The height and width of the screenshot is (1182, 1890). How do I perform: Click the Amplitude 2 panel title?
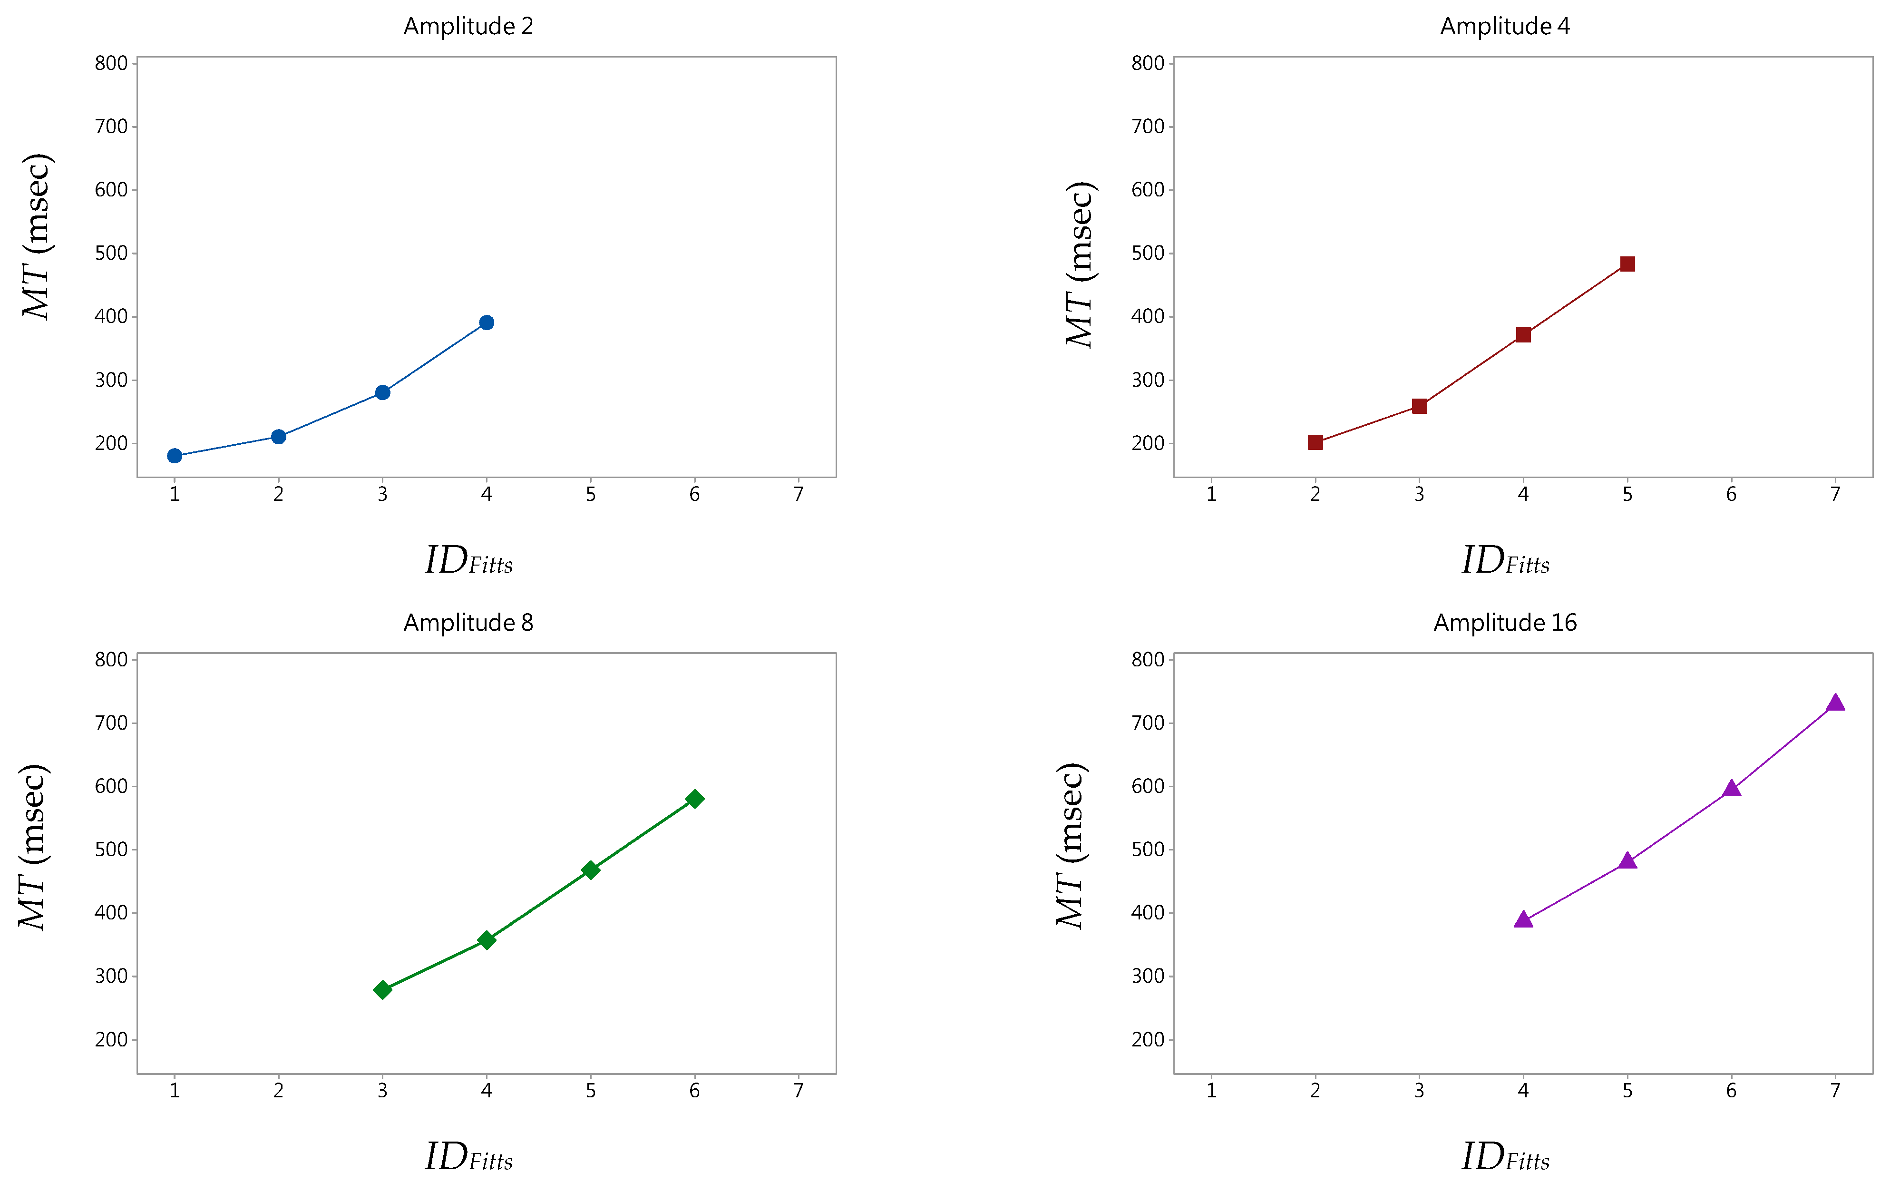(x=468, y=27)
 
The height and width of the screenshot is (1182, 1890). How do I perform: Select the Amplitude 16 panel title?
(x=1505, y=623)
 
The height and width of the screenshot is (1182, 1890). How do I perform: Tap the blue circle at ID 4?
(x=486, y=323)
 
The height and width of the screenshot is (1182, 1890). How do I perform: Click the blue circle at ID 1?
(x=175, y=456)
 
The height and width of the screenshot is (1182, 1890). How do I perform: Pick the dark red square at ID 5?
(x=1627, y=264)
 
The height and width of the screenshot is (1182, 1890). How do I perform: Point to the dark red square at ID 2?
(x=1315, y=442)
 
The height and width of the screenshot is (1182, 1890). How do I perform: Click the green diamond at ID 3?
(x=382, y=990)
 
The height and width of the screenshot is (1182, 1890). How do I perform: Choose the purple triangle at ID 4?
(x=1523, y=920)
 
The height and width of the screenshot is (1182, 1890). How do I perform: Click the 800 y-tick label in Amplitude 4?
(x=1148, y=63)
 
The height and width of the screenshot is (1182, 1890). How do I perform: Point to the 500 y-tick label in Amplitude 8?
(x=111, y=850)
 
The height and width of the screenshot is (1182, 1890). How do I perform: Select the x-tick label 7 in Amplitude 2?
(x=798, y=495)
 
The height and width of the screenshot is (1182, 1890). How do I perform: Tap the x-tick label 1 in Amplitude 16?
(x=1211, y=1091)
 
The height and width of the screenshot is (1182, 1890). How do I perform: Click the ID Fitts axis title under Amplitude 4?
(x=1505, y=561)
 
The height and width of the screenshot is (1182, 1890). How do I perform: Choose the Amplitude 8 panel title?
(x=468, y=623)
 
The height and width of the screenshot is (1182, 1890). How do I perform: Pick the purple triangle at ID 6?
(x=1731, y=789)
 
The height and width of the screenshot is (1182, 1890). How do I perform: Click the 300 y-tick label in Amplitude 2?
(x=111, y=381)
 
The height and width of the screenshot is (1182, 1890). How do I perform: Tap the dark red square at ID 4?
(x=1523, y=334)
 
